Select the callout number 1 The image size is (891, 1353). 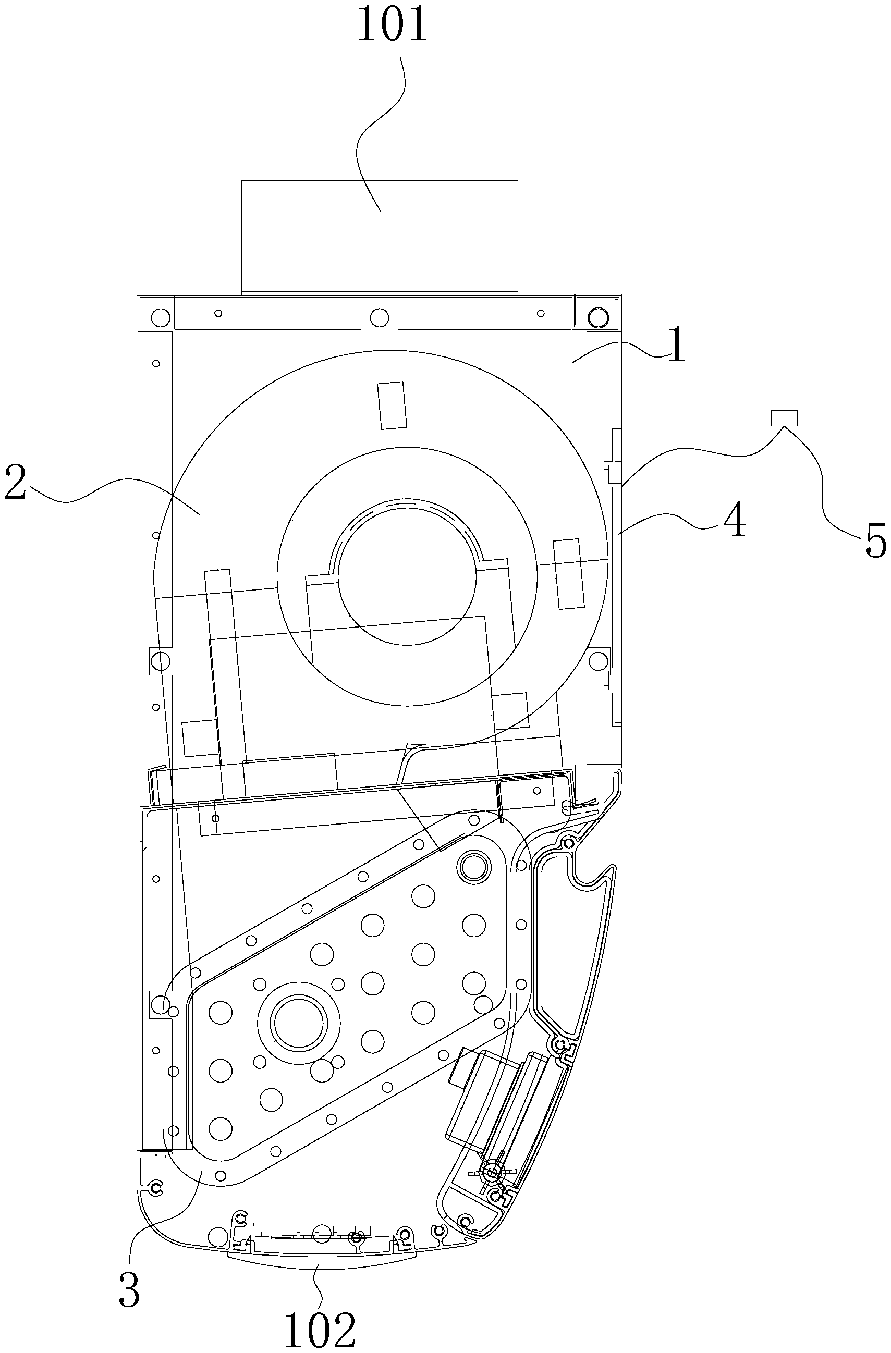click(676, 348)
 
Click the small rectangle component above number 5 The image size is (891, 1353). click(784, 418)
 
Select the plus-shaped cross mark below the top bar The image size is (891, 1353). click(323, 341)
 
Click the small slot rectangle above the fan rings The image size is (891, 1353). click(393, 405)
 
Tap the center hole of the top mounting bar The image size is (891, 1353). click(379, 315)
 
